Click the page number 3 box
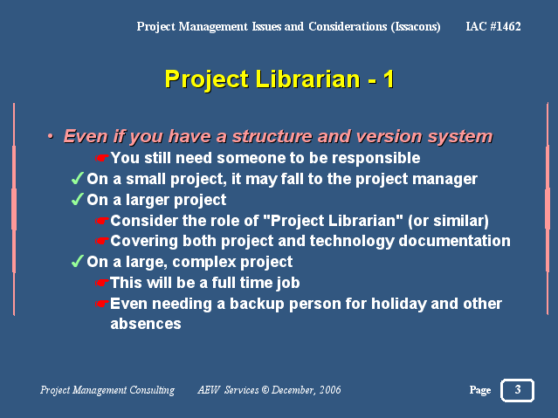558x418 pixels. [517, 390]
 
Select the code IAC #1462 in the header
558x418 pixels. [493, 26]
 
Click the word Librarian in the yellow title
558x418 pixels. [308, 79]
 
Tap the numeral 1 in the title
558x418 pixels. [389, 79]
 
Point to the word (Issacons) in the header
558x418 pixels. [416, 27]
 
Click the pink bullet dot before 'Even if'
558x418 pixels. [51, 136]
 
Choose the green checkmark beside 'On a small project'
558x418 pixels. [78, 178]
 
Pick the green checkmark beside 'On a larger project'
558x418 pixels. [78, 199]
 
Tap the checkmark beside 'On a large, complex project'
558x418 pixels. [78, 261]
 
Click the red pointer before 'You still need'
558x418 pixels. [102, 158]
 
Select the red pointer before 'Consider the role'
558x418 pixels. [102, 221]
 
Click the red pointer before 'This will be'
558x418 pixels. [102, 283]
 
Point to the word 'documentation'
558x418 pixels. [454, 241]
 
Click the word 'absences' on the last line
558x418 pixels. [146, 324]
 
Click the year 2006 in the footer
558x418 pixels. [330, 390]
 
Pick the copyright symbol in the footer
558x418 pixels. [265, 390]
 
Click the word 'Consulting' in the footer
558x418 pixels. [152, 390]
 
